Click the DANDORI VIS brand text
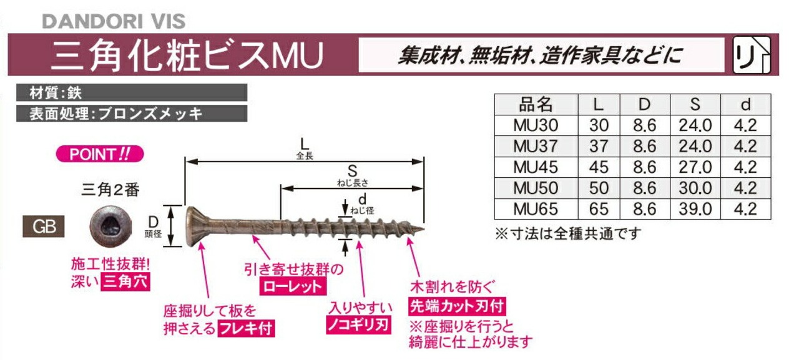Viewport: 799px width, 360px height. [x=114, y=21]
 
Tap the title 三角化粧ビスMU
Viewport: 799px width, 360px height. [x=187, y=56]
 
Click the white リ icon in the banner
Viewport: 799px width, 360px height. [x=751, y=56]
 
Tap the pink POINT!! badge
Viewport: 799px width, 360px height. [x=100, y=154]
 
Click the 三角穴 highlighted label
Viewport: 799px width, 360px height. [x=127, y=280]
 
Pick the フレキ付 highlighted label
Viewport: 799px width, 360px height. [x=245, y=328]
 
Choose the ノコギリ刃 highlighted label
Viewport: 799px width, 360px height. [x=358, y=324]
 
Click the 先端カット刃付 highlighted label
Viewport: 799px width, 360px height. [x=456, y=306]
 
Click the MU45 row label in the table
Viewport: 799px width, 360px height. [x=535, y=167]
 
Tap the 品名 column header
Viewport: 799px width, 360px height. [x=535, y=104]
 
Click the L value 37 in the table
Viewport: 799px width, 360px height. [x=598, y=146]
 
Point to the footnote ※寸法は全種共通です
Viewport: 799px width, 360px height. [x=568, y=234]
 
